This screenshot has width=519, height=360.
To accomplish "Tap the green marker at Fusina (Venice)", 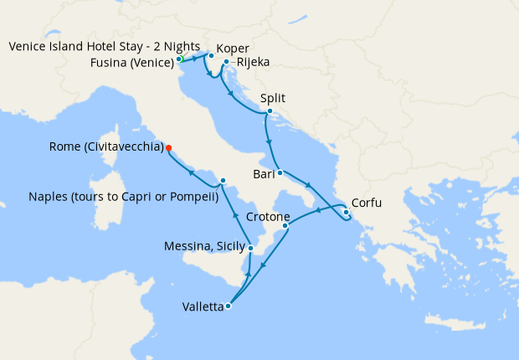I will tap(179, 59).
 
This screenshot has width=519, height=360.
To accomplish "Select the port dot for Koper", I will tap(212, 56).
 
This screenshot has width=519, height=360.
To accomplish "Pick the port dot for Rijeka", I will tap(226, 61).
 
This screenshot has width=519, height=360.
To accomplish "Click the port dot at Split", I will tap(270, 111).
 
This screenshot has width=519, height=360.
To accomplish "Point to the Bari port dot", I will tap(280, 173).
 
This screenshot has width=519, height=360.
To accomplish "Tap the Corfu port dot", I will tap(346, 212).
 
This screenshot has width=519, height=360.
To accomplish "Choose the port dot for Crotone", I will tap(285, 225).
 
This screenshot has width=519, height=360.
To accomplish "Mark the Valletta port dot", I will tap(228, 306).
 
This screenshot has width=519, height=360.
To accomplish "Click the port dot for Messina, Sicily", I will tap(250, 248).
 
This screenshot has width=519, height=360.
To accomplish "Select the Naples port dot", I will tap(223, 181).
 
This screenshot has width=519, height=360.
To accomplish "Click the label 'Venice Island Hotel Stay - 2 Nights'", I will tap(105, 46).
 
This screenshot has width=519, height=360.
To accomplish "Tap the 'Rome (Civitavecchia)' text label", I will tap(106, 147).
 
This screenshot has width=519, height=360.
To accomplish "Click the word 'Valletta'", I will tap(203, 307).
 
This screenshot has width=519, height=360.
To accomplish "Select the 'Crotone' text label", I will tap(269, 217).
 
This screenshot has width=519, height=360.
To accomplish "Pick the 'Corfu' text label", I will tap(368, 202).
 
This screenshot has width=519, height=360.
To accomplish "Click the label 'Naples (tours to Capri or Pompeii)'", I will tap(123, 198).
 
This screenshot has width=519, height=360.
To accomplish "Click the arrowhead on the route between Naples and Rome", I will tap(191, 173).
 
